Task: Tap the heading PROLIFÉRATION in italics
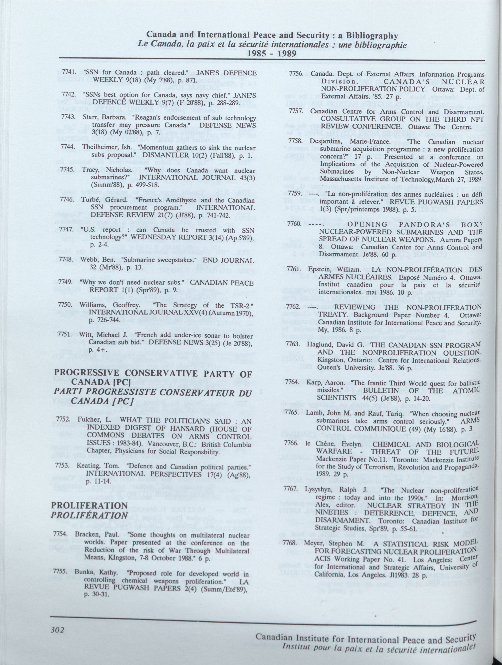(89, 515)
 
